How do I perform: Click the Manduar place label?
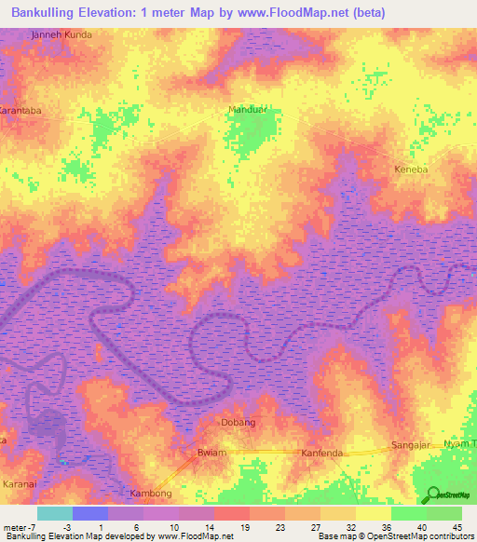[x=246, y=110]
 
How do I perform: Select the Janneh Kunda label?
[x=61, y=34]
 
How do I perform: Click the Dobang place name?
[x=237, y=422]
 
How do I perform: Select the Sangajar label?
[x=413, y=445]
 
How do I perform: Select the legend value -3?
[x=55, y=527]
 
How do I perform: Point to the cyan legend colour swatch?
[x=55, y=513]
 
